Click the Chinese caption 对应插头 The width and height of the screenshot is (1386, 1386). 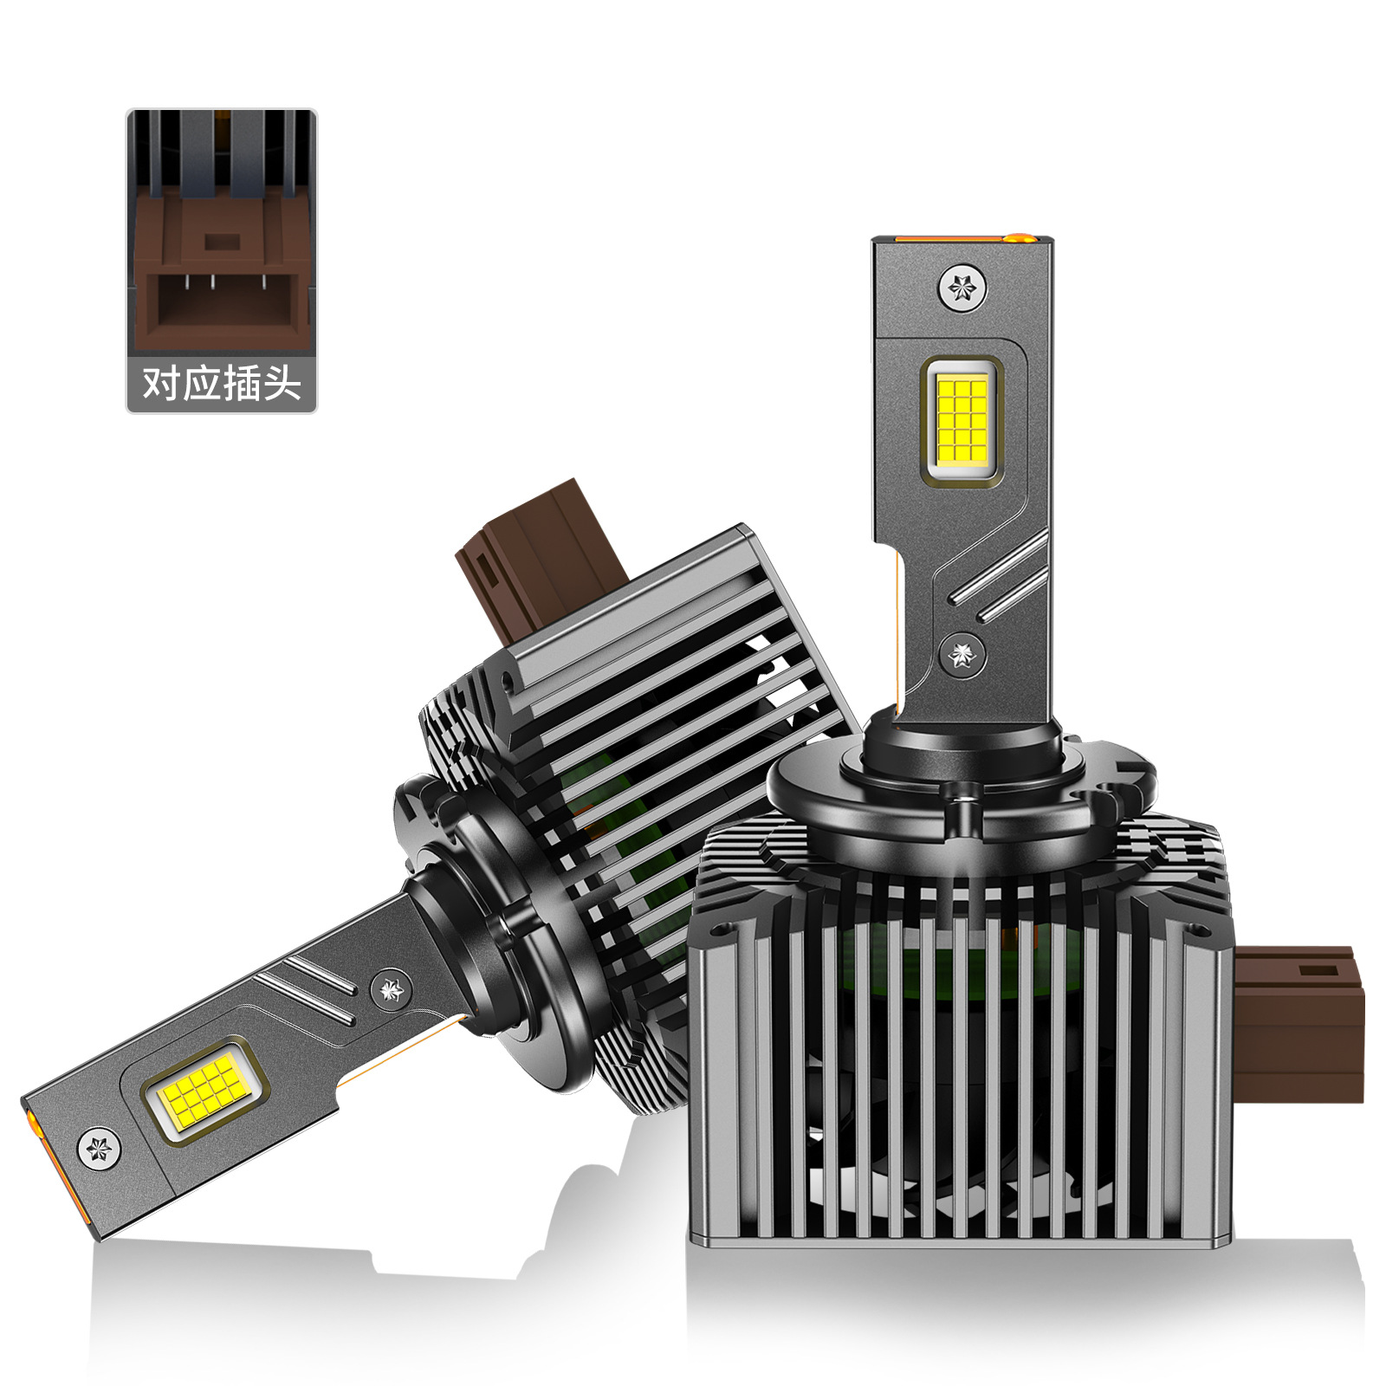point(222,382)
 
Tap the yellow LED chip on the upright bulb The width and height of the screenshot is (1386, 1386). point(962,417)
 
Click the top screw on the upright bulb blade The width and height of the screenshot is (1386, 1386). point(962,287)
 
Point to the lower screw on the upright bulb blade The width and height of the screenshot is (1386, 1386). point(962,656)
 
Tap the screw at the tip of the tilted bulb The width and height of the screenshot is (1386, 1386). point(100,1150)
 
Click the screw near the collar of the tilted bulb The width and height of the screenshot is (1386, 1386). point(391,989)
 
